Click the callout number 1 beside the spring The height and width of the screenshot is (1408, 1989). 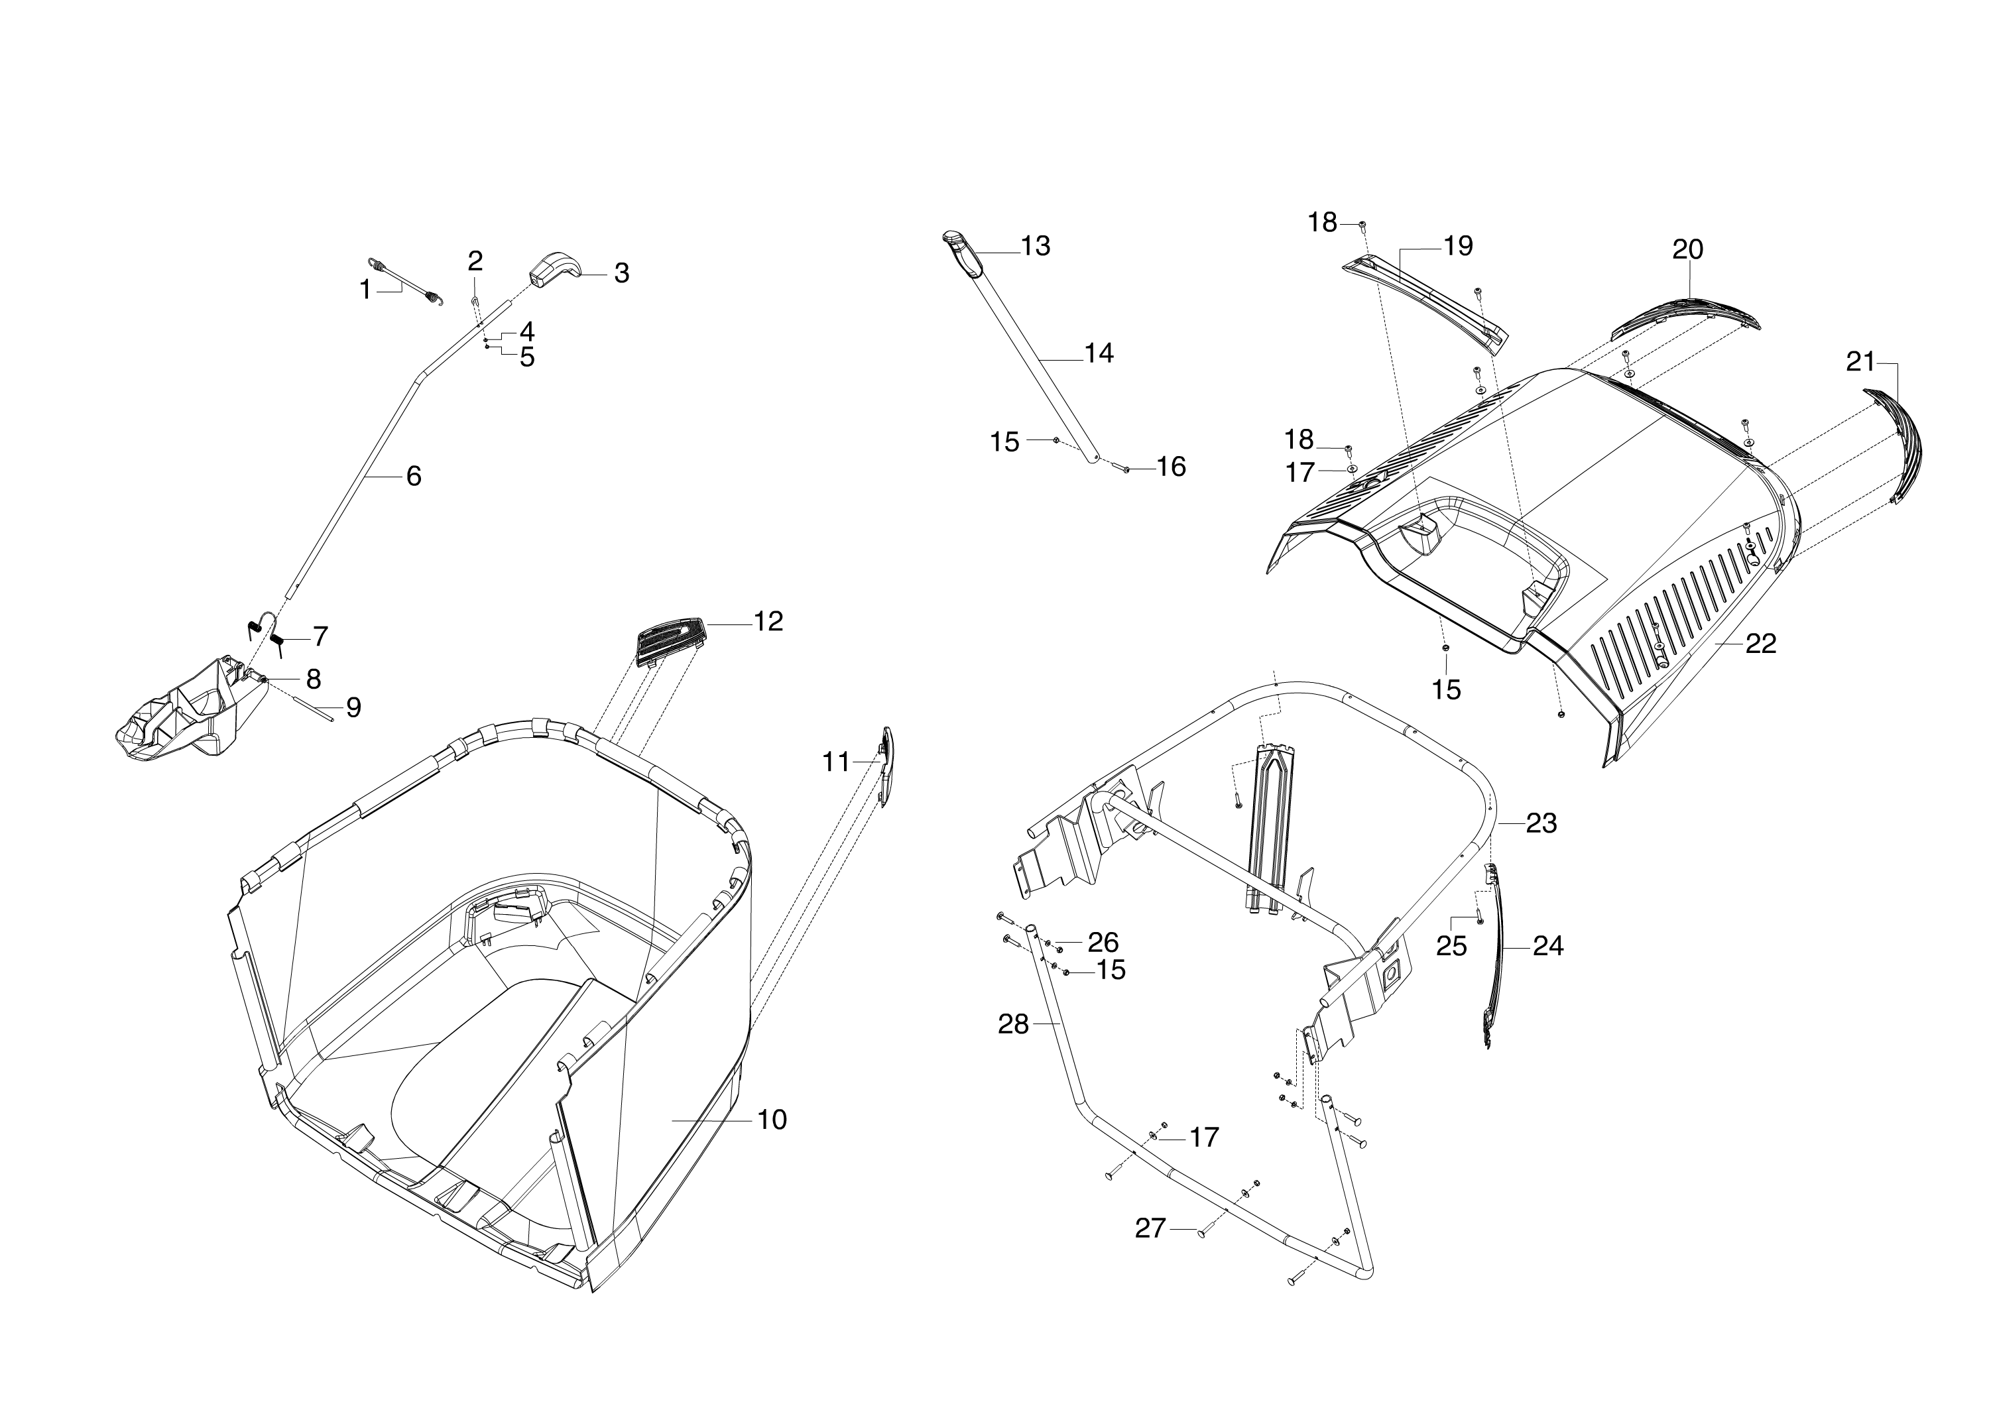tap(366, 290)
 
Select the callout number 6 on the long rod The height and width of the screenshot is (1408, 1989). tap(414, 476)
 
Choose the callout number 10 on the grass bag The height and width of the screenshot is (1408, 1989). tap(772, 1120)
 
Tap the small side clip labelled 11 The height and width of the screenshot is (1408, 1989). tap(886, 766)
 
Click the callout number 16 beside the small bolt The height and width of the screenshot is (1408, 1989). tap(1172, 467)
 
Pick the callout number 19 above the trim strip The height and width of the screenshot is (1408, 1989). tap(1459, 246)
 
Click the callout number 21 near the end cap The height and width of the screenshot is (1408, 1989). tap(1860, 361)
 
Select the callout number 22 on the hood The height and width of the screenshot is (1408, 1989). tap(1761, 643)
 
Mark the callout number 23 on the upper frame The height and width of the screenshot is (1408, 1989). tap(1541, 823)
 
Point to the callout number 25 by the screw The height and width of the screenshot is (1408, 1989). tap(1451, 947)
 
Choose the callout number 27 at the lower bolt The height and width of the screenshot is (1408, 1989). tap(1150, 1228)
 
